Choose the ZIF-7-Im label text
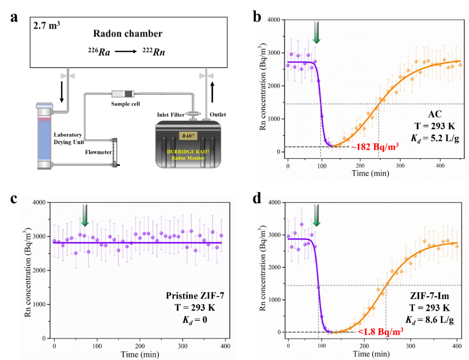[431, 296]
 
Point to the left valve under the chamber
[68, 76]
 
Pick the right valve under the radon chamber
[207, 76]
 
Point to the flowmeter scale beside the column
[114, 151]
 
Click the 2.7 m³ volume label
[47, 26]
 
